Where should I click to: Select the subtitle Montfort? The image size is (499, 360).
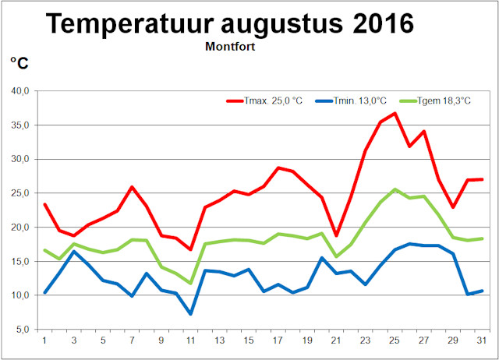click(x=232, y=46)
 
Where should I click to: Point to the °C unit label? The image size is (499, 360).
click(x=19, y=63)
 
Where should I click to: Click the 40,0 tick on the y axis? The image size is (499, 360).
click(x=18, y=91)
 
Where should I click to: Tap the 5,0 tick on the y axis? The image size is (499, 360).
click(x=21, y=330)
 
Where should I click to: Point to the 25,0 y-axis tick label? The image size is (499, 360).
click(x=18, y=193)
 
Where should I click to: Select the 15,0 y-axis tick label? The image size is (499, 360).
click(x=18, y=262)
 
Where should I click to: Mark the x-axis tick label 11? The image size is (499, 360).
click(x=190, y=340)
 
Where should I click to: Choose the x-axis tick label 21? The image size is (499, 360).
click(x=335, y=340)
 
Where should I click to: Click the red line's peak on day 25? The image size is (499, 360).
click(x=395, y=113)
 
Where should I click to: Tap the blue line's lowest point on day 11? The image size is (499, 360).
click(x=190, y=314)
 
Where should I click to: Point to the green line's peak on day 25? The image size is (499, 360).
click(x=395, y=189)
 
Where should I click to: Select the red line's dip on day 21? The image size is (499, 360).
click(x=335, y=235)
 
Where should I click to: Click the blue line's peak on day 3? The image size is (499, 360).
click(x=73, y=251)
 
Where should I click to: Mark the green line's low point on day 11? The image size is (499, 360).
click(x=190, y=283)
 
